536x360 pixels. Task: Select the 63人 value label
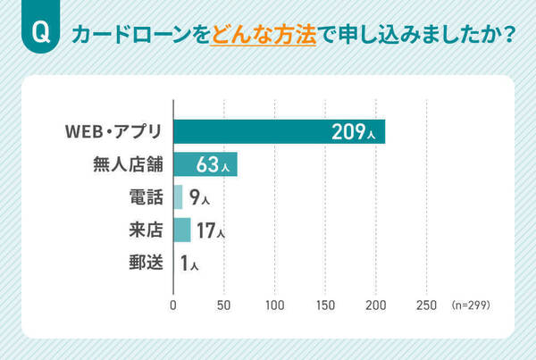click(x=214, y=165)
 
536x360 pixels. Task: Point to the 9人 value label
click(x=199, y=198)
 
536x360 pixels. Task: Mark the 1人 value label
click(x=188, y=264)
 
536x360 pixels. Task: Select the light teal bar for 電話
click(x=178, y=197)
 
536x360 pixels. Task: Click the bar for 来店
click(x=181, y=230)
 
